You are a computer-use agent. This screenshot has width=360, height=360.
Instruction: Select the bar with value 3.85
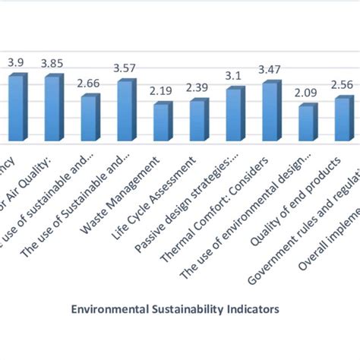point(52,109)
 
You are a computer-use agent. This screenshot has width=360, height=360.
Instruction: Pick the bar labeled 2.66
point(88,119)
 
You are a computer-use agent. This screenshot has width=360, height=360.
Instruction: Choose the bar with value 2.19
point(161,123)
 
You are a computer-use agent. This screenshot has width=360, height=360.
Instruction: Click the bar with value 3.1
point(234,115)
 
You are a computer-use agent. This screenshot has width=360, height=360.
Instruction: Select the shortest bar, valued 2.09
point(306,124)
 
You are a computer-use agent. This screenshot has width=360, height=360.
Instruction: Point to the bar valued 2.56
point(342,120)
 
